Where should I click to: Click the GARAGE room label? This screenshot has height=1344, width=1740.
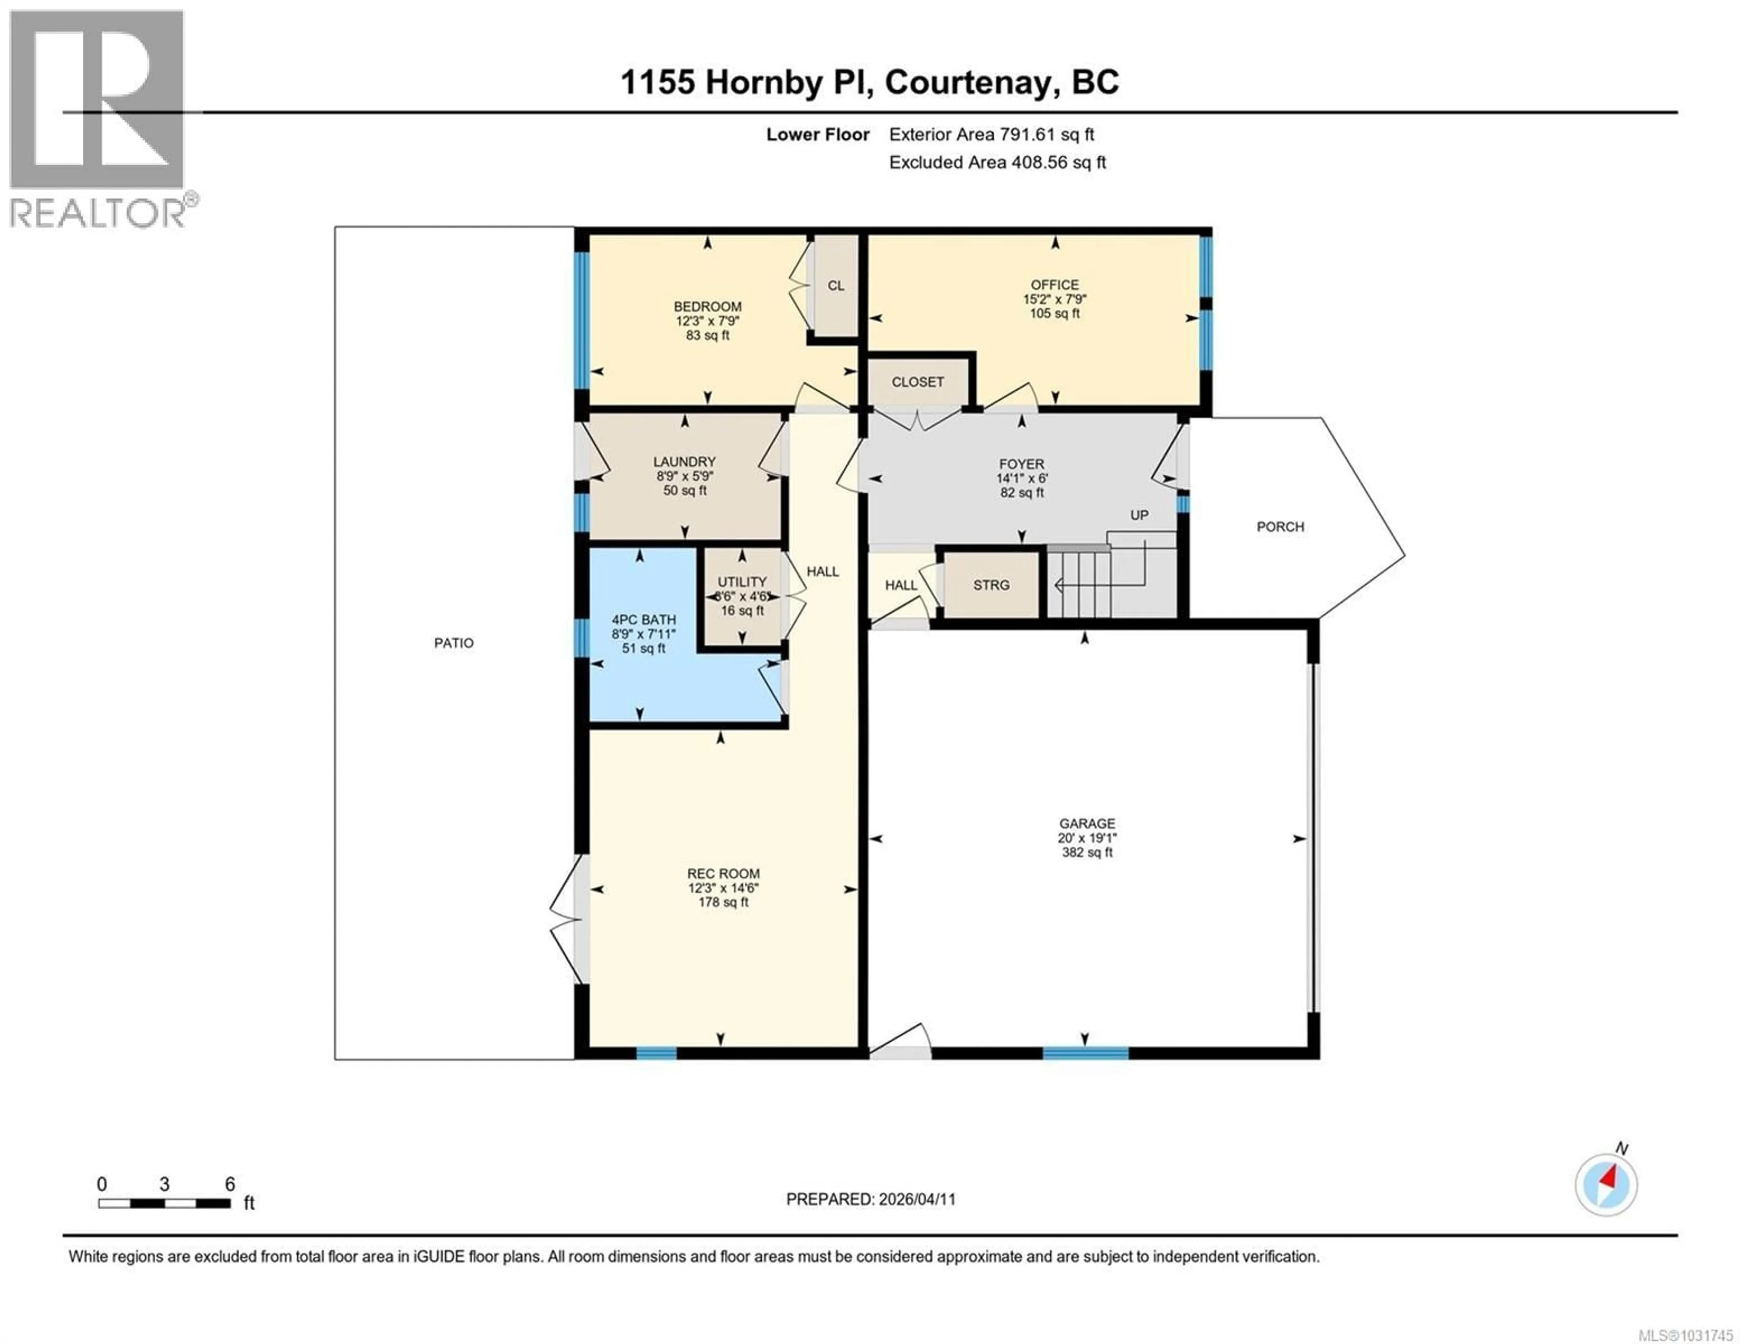click(1087, 823)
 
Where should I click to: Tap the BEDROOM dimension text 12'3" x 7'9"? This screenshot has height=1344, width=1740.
click(707, 321)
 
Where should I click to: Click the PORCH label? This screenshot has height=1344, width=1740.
click(1280, 527)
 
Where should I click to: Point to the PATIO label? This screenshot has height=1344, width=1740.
click(453, 643)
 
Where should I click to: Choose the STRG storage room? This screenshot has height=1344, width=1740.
click(991, 585)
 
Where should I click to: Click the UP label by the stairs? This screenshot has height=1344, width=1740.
click(1139, 515)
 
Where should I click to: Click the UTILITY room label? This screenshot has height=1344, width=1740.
click(742, 582)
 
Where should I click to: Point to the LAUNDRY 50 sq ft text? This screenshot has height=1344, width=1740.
click(684, 491)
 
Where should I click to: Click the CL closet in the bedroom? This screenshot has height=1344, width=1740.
click(835, 285)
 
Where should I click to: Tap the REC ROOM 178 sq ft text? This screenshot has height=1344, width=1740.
click(723, 903)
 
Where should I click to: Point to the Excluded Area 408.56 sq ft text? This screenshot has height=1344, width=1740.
click(997, 163)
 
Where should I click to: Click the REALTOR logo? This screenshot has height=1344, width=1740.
click(98, 120)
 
